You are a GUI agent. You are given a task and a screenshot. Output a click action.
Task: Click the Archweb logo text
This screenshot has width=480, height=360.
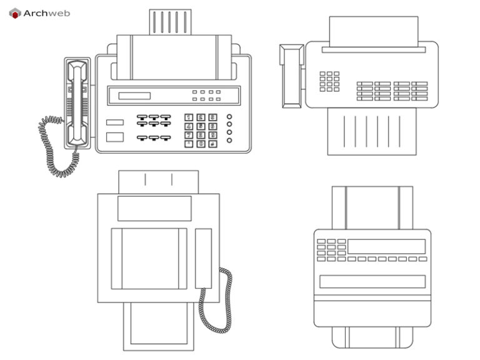coord(46,13)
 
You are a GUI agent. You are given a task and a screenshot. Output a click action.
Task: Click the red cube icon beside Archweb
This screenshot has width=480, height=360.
coord(15,13)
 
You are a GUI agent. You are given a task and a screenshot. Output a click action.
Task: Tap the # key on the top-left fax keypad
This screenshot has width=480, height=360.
coord(213,143)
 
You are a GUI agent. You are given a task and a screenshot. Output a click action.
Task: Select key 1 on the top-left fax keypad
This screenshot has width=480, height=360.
coord(189,117)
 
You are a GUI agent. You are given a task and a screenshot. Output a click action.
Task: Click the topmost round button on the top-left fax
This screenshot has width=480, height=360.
coord(229,116)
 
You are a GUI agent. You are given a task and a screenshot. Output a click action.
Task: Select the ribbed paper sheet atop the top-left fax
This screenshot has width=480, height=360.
coord(170,22)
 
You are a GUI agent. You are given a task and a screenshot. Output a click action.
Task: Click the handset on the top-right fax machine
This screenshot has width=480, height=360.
coord(291,76)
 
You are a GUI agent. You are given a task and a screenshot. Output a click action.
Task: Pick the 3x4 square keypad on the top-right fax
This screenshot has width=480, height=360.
coord(329,81)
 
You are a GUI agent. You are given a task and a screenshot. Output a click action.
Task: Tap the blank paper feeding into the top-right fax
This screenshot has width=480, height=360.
coord(373,31)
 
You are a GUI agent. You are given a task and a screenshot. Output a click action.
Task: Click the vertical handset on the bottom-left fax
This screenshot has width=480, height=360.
coord(203,258)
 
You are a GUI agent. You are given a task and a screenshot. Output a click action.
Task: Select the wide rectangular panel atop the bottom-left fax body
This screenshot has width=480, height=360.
coord(154,208)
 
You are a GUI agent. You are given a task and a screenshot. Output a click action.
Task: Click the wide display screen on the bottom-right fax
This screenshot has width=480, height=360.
coord(386,246)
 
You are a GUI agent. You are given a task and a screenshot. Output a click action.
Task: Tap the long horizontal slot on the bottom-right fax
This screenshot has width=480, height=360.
coord(372,281)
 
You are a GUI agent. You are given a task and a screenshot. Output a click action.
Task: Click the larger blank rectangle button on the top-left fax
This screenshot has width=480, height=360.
coord(115,137)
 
